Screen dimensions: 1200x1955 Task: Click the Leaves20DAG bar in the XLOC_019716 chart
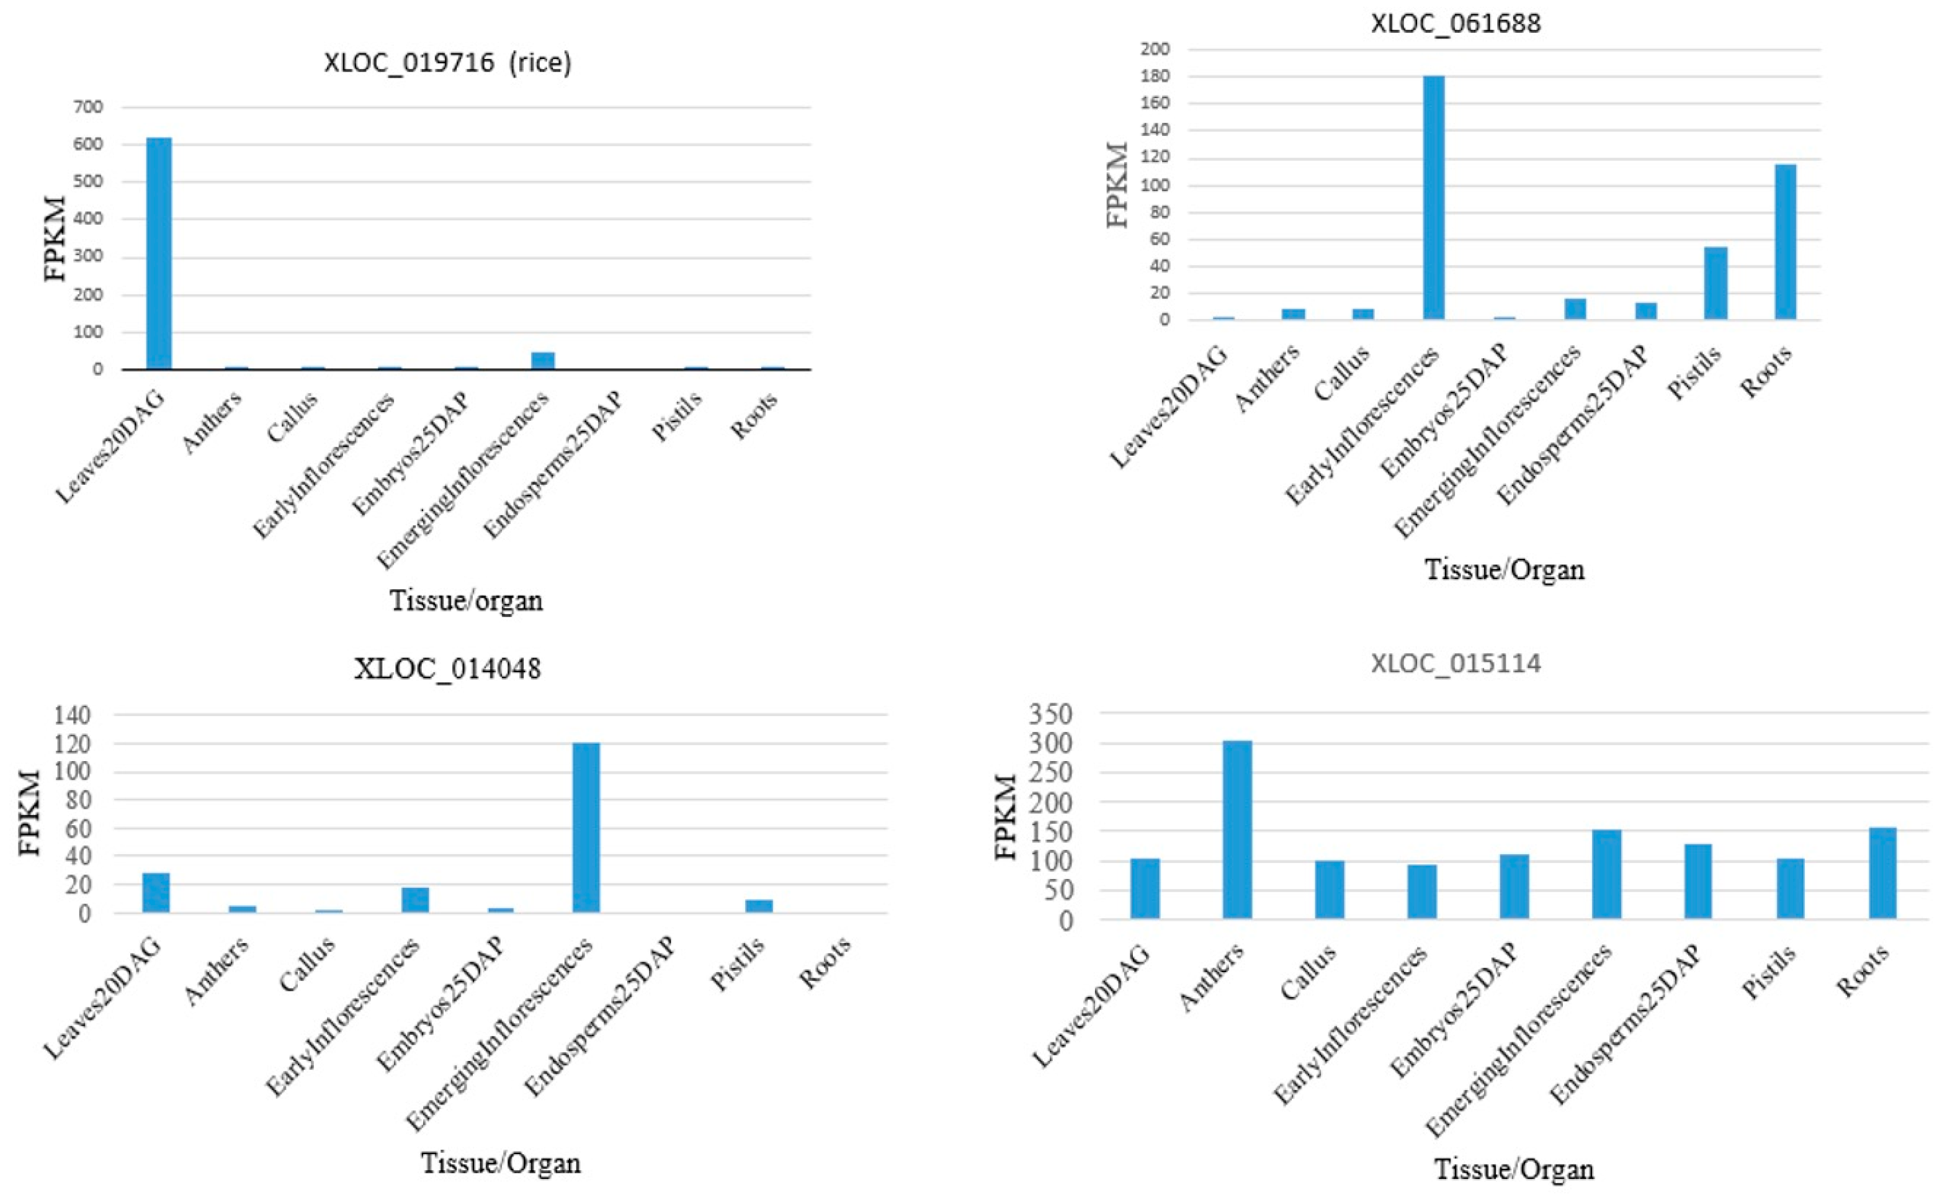159,254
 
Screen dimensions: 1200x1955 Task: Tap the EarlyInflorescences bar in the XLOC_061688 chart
1433,199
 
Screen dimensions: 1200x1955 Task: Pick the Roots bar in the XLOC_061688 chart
1785,242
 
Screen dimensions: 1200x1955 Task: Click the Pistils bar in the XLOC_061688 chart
1716,283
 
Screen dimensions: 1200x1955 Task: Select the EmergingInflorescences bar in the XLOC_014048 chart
586,828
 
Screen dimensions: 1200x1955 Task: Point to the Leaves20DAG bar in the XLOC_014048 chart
156,893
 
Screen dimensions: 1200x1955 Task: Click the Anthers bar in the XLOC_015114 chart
1237,830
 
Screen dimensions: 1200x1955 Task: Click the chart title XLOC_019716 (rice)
447,63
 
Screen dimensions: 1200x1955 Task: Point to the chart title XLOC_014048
447,669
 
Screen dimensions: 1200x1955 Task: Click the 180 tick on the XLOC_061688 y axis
1155,77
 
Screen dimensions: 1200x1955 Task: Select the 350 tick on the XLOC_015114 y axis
1050,715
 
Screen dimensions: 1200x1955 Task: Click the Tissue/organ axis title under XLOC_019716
467,601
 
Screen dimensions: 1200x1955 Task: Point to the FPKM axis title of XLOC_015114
1006,818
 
